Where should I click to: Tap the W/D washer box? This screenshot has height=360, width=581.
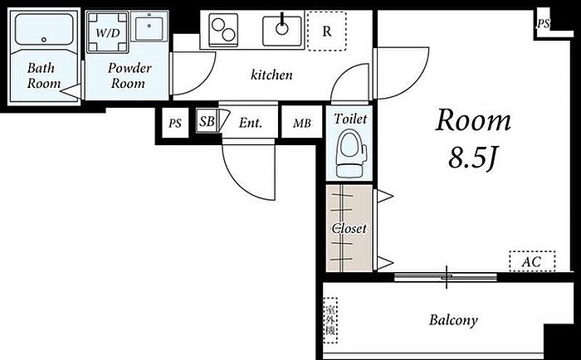[106, 34]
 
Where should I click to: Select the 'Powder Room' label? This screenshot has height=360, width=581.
[129, 75]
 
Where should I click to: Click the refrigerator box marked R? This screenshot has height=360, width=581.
[327, 32]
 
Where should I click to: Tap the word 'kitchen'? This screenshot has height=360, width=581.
[271, 75]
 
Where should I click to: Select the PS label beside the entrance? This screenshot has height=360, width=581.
[175, 124]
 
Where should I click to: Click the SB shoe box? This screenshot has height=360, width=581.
[207, 122]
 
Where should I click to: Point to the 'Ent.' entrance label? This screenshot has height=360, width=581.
[250, 123]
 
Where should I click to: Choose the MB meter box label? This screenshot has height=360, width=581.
[301, 124]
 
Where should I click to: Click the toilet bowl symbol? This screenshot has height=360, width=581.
[349, 154]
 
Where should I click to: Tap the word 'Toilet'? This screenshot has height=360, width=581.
[349, 119]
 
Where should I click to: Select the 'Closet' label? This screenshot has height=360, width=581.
[349, 227]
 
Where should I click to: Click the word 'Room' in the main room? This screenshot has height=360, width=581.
[473, 122]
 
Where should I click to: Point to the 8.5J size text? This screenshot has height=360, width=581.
[473, 158]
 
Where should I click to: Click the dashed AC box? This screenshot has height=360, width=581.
[531, 261]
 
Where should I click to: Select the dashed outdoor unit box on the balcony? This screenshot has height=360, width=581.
[332, 319]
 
